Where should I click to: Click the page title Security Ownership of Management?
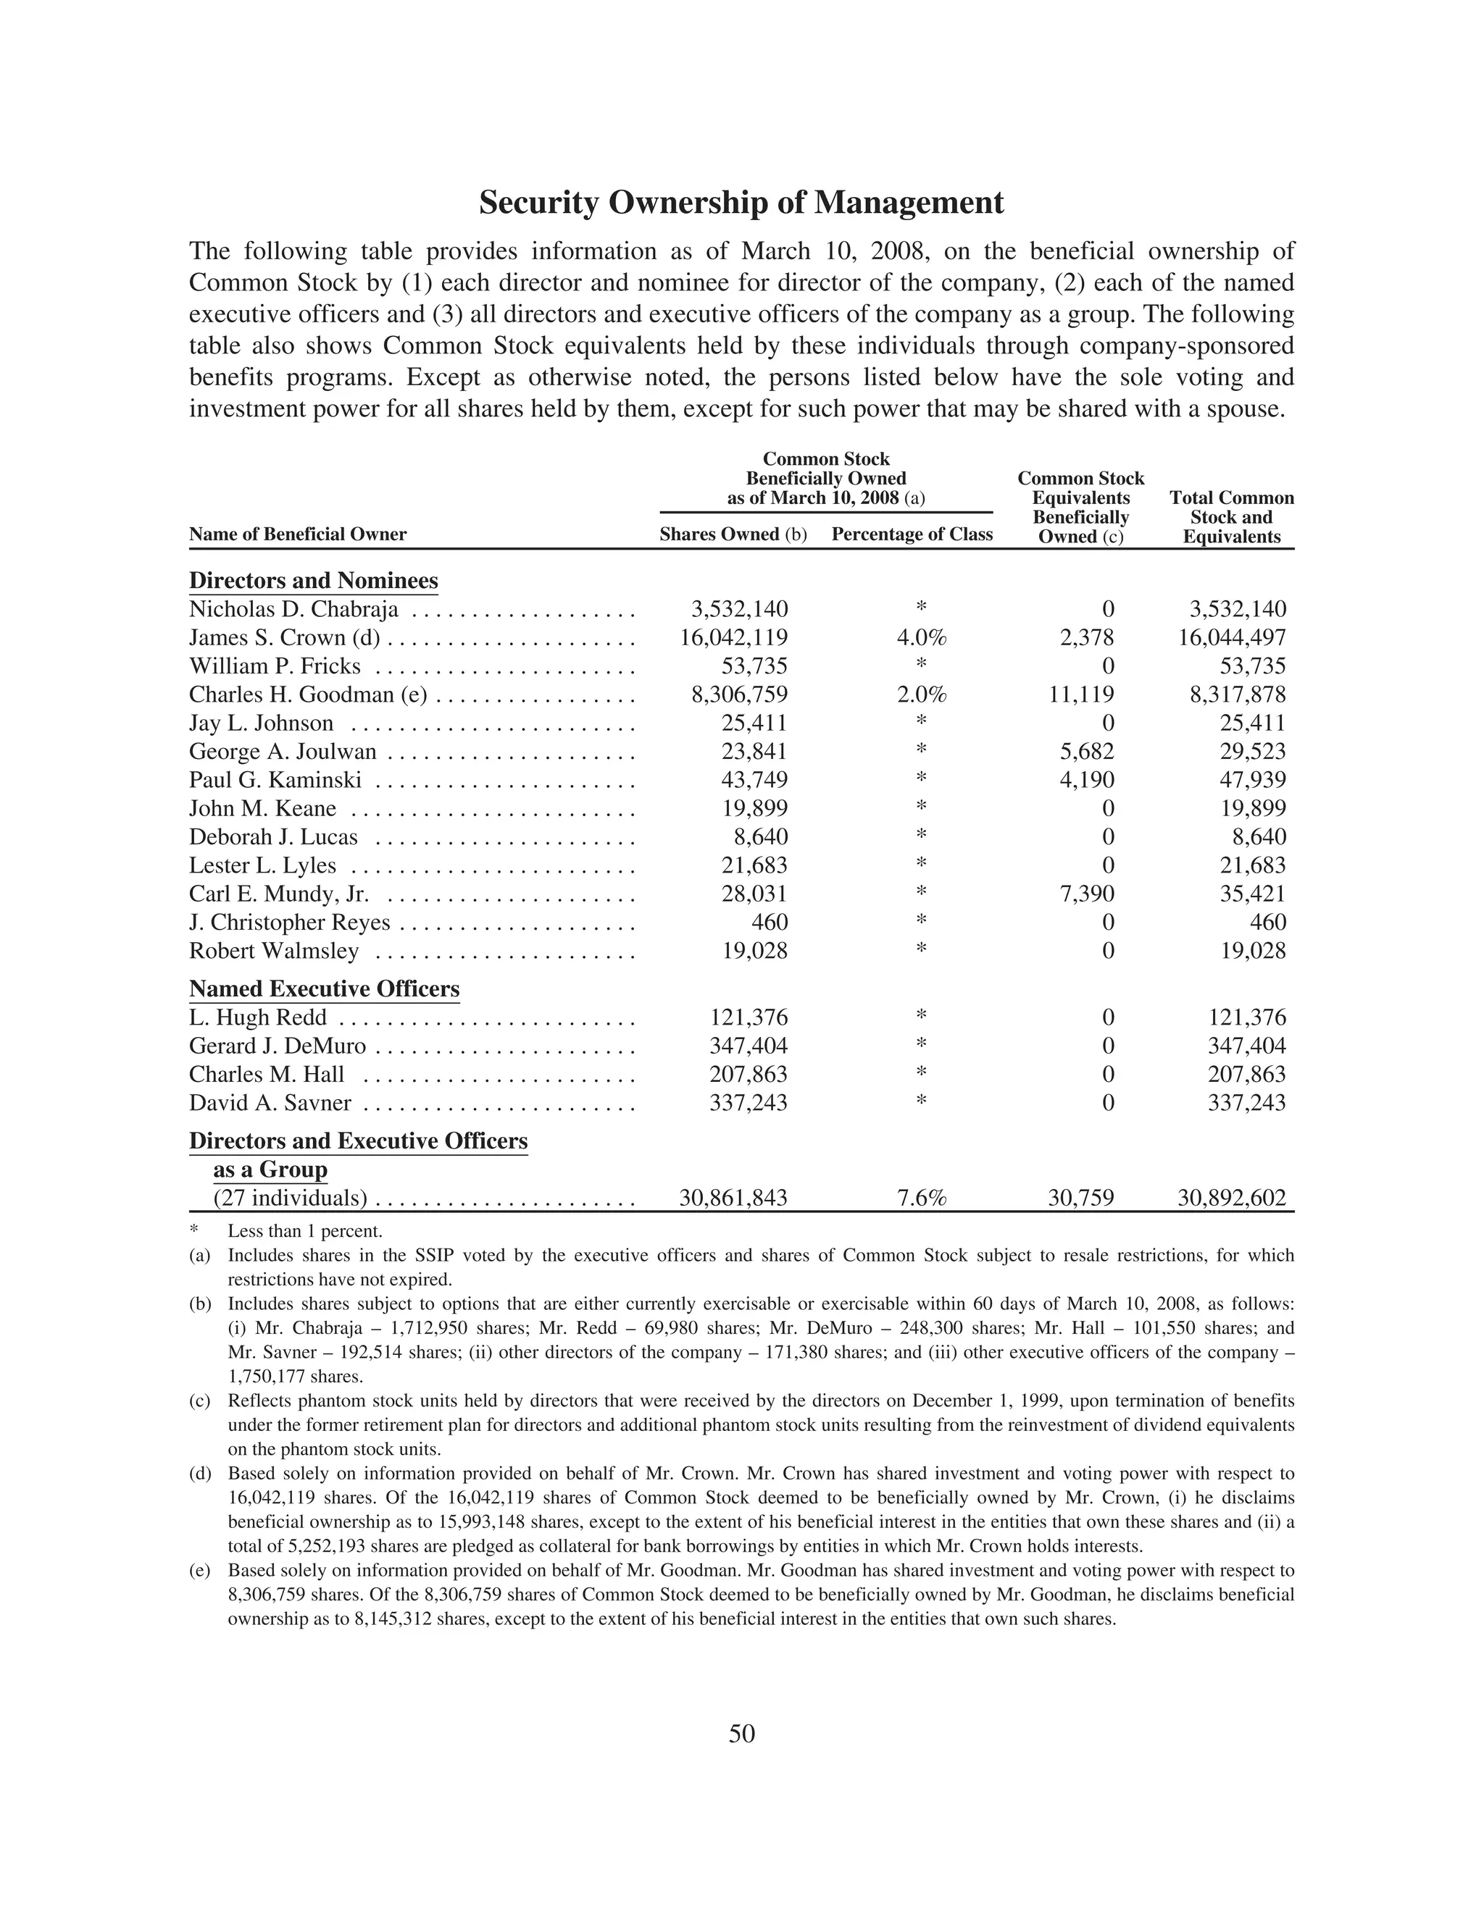[x=741, y=203]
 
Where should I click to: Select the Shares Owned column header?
[x=733, y=534]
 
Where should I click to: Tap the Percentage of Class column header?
[x=912, y=534]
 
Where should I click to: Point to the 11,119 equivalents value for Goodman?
[x=1080, y=695]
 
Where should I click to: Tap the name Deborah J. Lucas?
[x=273, y=837]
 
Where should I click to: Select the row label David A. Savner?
[x=270, y=1104]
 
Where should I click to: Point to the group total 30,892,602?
[x=1232, y=1198]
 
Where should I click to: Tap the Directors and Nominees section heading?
[x=313, y=581]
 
